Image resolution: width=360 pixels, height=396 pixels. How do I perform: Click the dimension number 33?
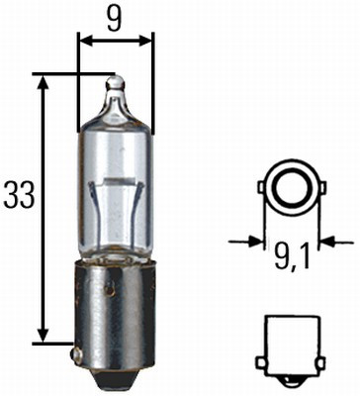(18, 195)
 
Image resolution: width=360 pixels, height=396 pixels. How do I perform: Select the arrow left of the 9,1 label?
(255, 239)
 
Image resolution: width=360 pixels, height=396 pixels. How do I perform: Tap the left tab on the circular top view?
(261, 185)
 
